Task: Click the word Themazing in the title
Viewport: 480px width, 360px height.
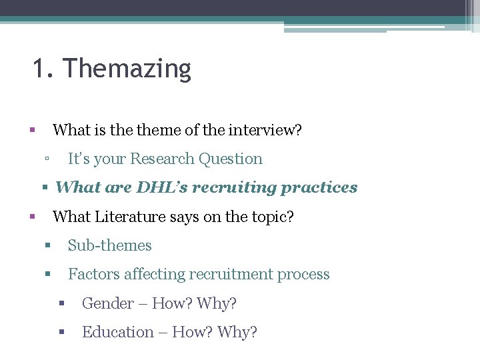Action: (127, 69)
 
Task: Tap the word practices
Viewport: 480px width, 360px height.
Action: (319, 188)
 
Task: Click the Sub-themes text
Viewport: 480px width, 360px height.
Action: (110, 245)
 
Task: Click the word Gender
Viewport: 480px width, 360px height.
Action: (107, 303)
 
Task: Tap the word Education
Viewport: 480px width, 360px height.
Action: (117, 332)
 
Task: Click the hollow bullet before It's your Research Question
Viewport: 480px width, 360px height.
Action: (46, 159)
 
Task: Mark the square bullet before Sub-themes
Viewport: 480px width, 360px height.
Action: (47, 245)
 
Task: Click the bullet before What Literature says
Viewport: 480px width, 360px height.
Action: (31, 217)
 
